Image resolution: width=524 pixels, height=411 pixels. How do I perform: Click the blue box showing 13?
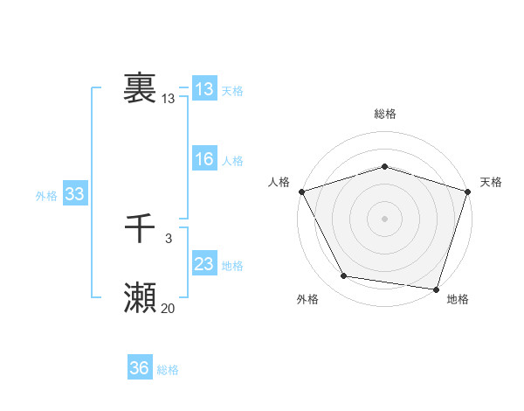(x=203, y=89)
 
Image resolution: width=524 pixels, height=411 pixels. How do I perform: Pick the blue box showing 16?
(x=203, y=159)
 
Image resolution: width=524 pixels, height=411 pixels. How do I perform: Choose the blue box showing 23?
(x=203, y=264)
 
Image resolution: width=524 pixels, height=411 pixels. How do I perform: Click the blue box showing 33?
(x=74, y=195)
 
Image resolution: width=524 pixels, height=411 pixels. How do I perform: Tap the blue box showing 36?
(x=139, y=368)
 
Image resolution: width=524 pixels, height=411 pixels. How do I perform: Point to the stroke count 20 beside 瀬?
(x=168, y=308)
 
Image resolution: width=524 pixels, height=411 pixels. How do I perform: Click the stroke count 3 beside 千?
(x=168, y=239)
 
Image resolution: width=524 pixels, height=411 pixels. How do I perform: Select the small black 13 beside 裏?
(x=168, y=99)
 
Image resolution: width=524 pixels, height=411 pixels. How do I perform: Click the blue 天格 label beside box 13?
(x=232, y=91)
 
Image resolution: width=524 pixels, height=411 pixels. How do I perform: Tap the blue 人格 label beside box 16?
(x=232, y=161)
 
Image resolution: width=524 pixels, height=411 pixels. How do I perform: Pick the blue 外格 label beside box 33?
(x=46, y=196)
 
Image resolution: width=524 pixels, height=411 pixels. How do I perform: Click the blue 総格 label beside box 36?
(x=168, y=370)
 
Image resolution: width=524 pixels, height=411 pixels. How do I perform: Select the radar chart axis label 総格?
(x=384, y=114)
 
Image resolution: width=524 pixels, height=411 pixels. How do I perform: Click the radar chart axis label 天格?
(x=492, y=182)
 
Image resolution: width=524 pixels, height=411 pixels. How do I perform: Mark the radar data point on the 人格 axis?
(x=301, y=192)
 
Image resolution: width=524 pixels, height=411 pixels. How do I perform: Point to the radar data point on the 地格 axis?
(x=436, y=289)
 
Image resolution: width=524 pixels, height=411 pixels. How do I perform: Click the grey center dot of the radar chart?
(x=384, y=218)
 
